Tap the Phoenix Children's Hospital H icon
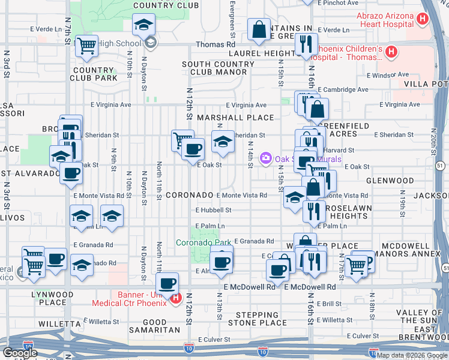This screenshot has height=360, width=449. (391, 52)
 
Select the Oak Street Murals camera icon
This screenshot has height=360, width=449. (265, 158)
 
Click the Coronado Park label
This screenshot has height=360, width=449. (203, 243)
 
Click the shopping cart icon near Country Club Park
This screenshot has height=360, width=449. (87, 46)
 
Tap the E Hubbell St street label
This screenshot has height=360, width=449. (213, 210)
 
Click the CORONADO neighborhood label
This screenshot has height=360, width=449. (189, 196)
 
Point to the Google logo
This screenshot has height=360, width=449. (20, 353)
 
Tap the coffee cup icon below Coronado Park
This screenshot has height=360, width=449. (221, 261)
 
